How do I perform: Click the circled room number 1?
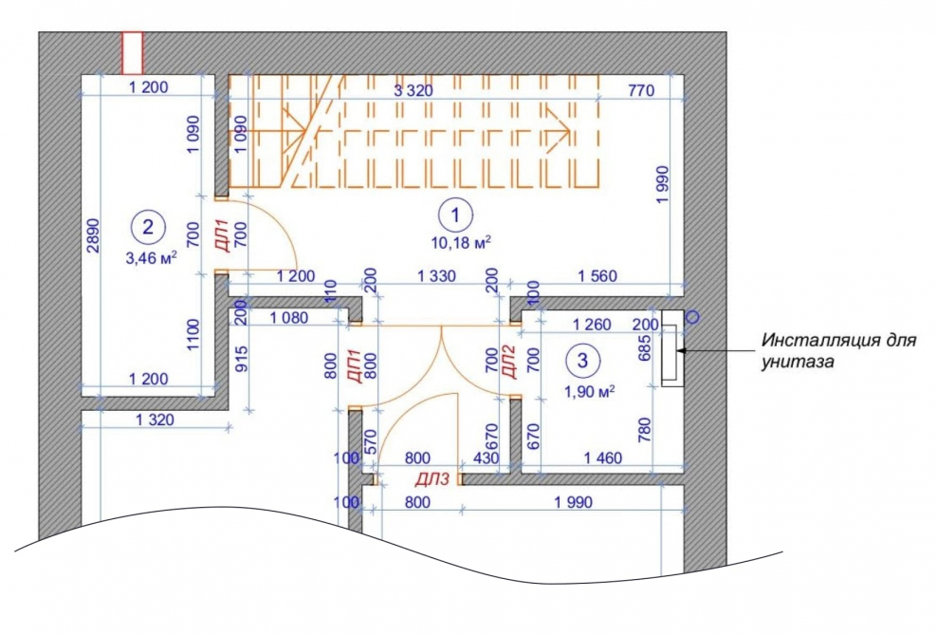pos(455,215)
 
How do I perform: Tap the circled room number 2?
pos(148,227)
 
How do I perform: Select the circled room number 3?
pos(582,361)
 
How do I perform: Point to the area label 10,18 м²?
pos(461,242)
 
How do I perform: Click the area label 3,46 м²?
pos(151,258)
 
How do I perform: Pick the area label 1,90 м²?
pos(589,392)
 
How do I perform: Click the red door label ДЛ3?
pos(432,479)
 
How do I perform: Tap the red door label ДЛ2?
pos(508,362)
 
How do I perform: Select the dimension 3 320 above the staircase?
pos(413,91)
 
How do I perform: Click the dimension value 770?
pos(641,90)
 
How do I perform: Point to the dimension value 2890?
pos(94,235)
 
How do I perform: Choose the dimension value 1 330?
pos(436,276)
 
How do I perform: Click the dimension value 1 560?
pos(597,276)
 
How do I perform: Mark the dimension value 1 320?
pos(155,420)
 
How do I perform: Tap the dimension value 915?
pos(242,359)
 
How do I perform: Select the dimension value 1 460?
pos(602,458)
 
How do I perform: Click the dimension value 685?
pos(645,347)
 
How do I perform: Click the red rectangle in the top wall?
pos(133,53)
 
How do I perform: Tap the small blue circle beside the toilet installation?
pos(692,317)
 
